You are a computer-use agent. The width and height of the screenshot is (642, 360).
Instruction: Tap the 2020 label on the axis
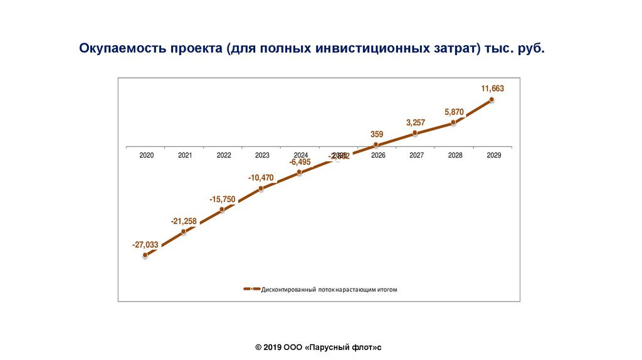[x=147, y=155]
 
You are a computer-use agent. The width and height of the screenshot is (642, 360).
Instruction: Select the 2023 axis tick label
[x=262, y=155]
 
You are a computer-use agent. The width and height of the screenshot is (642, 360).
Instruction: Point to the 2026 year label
[x=378, y=155]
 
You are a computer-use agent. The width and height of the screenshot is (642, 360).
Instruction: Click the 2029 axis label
[x=493, y=155]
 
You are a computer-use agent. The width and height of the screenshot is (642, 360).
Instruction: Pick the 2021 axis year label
[x=185, y=155]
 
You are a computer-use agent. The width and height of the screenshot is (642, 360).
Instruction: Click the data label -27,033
[x=145, y=245]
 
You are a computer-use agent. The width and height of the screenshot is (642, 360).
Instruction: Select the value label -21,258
[x=184, y=221]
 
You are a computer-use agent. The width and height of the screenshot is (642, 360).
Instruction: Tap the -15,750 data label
[x=223, y=199]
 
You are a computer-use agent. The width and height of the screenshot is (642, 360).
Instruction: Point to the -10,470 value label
[x=261, y=178]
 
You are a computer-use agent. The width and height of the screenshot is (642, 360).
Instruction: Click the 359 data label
[x=377, y=134]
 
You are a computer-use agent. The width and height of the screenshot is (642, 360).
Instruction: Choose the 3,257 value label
[x=416, y=122]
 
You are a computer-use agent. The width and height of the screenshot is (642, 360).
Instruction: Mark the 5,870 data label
[x=454, y=112]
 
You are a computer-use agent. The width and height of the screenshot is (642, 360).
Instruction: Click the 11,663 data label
[x=492, y=88]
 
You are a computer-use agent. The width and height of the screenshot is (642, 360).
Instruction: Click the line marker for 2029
[x=492, y=99]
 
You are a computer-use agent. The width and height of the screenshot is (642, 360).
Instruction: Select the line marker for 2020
[x=145, y=255]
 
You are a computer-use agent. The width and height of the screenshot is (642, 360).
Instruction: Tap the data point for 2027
[x=415, y=133]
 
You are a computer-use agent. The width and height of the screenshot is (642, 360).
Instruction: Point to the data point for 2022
[x=223, y=209]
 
